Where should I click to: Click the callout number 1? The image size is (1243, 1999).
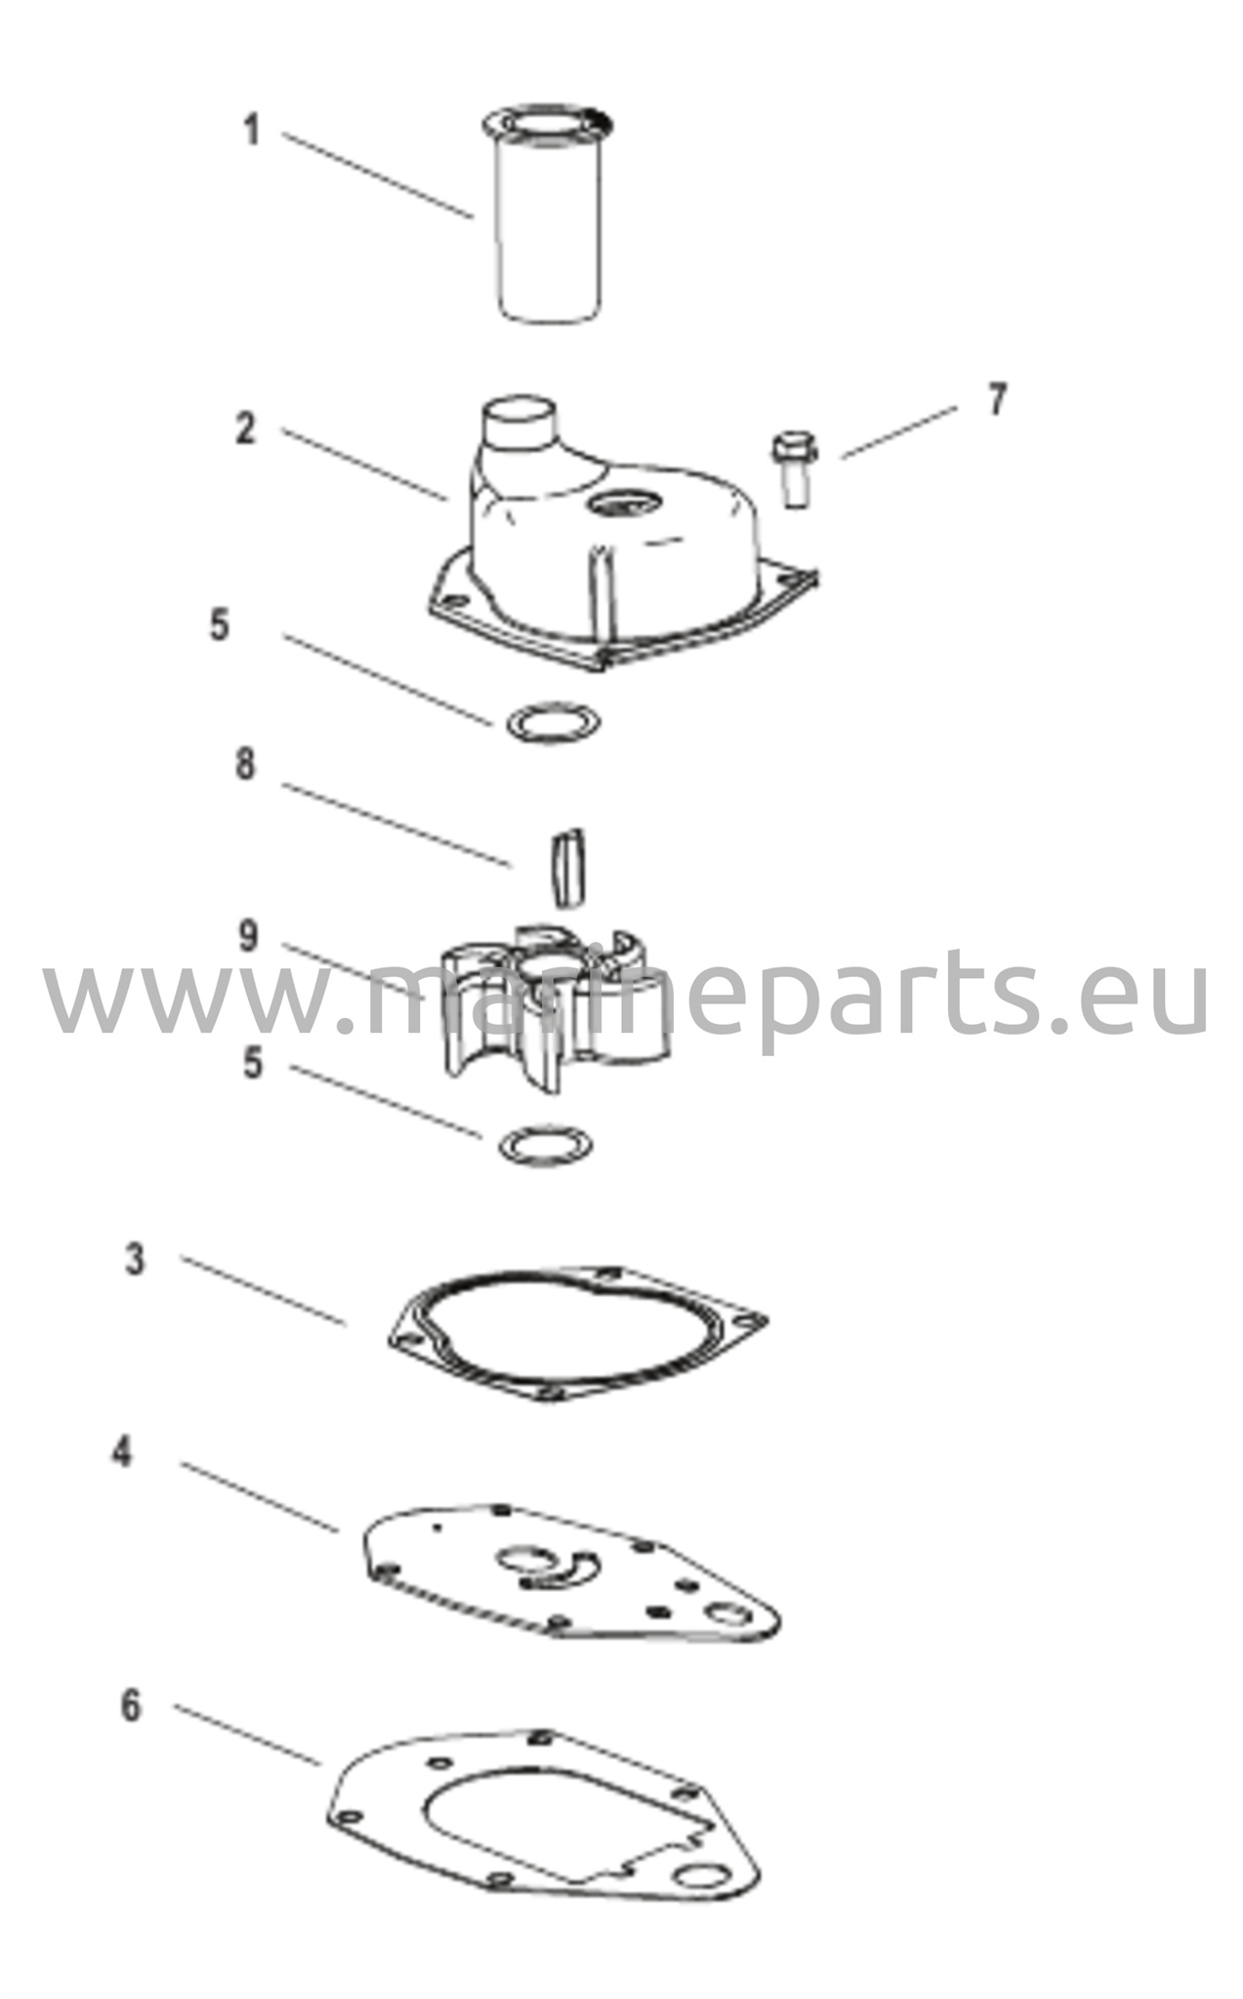point(252,130)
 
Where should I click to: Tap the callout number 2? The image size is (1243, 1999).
point(246,428)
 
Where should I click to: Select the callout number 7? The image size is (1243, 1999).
point(996,399)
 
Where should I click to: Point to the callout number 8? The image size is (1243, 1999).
point(246,764)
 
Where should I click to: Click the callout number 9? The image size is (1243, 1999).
point(249,936)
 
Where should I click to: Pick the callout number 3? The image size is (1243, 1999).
point(135,1259)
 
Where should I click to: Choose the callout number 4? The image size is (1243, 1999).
point(121,1451)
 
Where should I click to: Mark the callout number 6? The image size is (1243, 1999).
point(131,1705)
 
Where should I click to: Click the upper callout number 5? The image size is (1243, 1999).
point(220,625)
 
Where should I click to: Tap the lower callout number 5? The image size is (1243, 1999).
point(253,1063)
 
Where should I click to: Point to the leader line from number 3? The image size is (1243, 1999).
point(264,1290)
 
